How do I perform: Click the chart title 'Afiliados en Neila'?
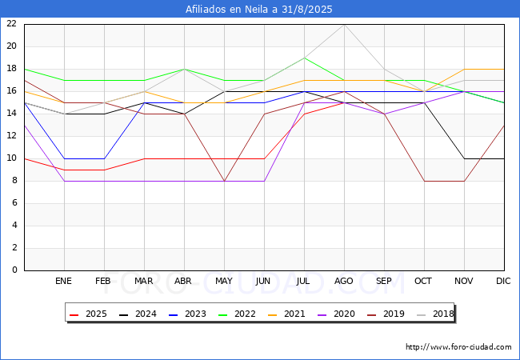(228, 10)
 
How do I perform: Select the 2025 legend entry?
(88, 314)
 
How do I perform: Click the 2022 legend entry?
(237, 314)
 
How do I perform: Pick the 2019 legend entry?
(386, 314)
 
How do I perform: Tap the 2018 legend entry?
(435, 314)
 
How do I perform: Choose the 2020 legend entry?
(336, 314)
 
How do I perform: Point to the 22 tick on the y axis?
(12, 23)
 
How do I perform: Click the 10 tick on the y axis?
(12, 158)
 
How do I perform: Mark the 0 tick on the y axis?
(14, 270)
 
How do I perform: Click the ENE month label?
(63, 281)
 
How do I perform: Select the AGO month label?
(343, 281)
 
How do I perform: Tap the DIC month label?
(503, 281)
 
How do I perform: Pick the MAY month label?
(224, 281)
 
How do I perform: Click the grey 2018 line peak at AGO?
(345, 25)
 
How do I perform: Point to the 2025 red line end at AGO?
(345, 102)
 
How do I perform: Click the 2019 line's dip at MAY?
(225, 181)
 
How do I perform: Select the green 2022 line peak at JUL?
(305, 58)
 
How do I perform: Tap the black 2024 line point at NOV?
(464, 158)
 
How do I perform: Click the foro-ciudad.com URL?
(458, 347)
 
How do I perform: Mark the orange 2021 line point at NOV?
(464, 70)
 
